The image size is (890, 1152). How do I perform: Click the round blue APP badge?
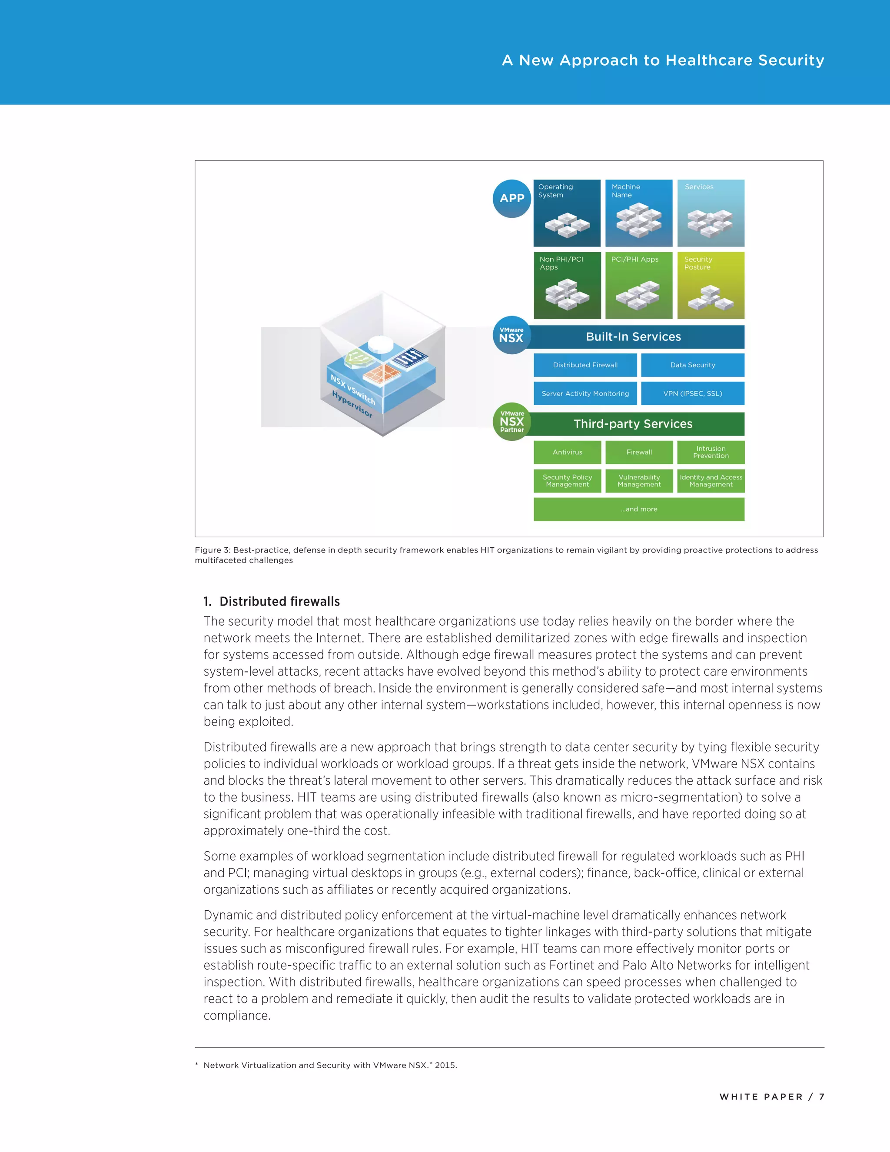(511, 198)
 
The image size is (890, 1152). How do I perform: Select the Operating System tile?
(567, 213)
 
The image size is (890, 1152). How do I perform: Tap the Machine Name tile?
(638, 213)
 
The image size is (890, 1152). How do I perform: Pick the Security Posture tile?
(711, 285)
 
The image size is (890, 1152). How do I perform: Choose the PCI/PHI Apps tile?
(638, 285)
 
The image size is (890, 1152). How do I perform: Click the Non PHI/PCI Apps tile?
(567, 285)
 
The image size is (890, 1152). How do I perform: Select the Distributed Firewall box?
(585, 365)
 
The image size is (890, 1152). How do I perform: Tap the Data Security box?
(692, 365)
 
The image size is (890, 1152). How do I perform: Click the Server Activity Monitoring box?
(585, 393)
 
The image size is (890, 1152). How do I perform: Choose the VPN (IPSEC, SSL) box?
(692, 393)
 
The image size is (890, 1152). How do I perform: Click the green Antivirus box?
(567, 452)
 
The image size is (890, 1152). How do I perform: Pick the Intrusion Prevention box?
(711, 452)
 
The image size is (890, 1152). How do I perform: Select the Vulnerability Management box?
(639, 480)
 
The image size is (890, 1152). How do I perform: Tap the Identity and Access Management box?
(711, 480)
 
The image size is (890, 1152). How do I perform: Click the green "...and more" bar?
(639, 509)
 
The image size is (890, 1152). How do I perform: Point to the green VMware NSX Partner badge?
(511, 422)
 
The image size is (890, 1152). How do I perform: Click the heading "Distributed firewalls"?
(279, 601)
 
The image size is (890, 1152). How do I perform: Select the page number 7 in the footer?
(821, 1097)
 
